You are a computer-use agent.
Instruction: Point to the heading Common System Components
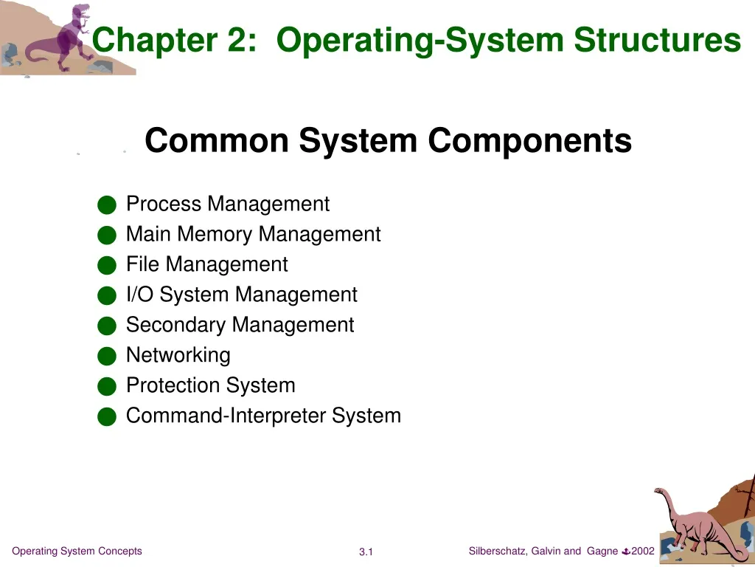(x=388, y=140)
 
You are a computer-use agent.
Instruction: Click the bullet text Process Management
(x=228, y=204)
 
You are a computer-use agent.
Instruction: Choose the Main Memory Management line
(x=253, y=234)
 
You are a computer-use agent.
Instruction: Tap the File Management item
(x=206, y=264)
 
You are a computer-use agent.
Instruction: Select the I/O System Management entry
(x=241, y=295)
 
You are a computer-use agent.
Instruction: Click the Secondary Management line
(x=240, y=325)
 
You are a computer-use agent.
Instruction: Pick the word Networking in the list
(x=178, y=355)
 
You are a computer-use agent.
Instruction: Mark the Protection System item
(x=210, y=385)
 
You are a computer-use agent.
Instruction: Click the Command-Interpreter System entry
(x=263, y=416)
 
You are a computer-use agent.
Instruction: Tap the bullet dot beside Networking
(x=107, y=357)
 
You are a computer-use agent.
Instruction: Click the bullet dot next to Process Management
(x=107, y=205)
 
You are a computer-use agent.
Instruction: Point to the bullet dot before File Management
(x=107, y=266)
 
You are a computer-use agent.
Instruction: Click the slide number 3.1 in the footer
(x=366, y=552)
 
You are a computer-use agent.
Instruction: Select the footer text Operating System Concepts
(x=77, y=551)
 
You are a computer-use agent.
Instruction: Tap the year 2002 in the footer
(x=643, y=551)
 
